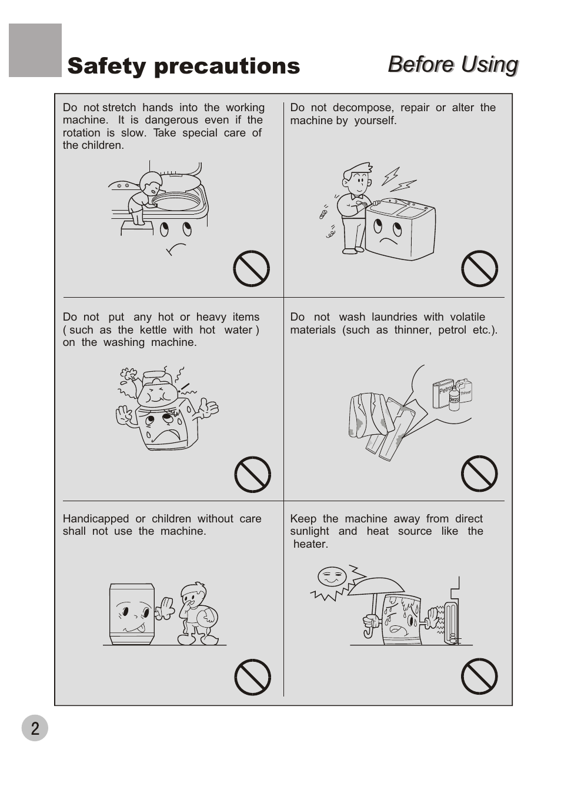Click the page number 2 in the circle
point(35,728)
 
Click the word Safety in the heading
point(106,66)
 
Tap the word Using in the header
point(490,65)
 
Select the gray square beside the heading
point(35,50)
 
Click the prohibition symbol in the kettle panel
point(253,474)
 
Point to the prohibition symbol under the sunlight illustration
point(479,676)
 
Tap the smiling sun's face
point(332,576)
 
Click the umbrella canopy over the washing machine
point(376,587)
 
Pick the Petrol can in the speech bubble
point(442,394)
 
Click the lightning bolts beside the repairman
point(398,180)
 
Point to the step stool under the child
point(137,228)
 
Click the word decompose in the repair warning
point(363,108)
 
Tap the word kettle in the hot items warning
point(153,330)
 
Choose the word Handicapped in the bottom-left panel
point(96,519)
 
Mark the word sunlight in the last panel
point(309,532)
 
